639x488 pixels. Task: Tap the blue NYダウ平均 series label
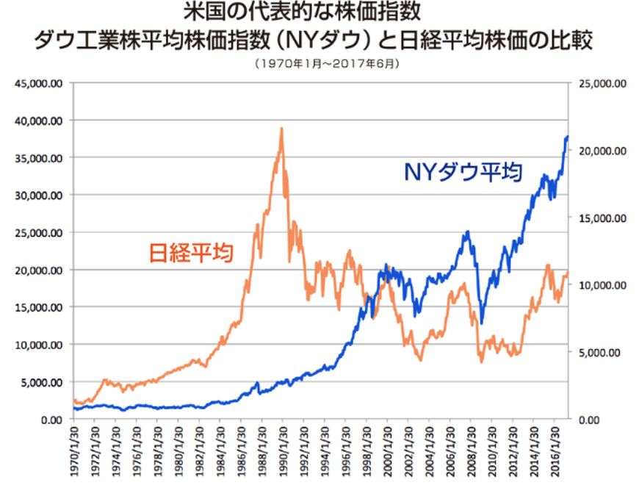point(463,173)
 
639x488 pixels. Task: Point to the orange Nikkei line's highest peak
point(281,129)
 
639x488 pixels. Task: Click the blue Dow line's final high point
point(567,136)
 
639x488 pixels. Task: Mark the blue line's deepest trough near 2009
point(482,322)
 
